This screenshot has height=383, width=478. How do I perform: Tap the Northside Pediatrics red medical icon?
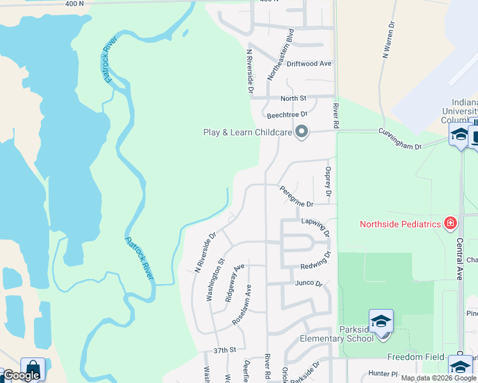coord(451,223)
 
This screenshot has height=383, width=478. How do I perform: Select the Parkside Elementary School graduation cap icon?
coord(381,321)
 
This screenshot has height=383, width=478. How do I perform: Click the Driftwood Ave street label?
coord(309,64)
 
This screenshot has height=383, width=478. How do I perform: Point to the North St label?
coord(293,98)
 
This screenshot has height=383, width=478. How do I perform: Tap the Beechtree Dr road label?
coord(287,115)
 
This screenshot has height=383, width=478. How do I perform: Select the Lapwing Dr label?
coord(315,225)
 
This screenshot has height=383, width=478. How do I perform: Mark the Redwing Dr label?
coord(316,260)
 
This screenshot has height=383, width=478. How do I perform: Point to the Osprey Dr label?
coord(328,181)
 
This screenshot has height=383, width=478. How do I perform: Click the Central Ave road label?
coord(459,259)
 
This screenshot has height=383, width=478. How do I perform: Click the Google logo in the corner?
coord(21,375)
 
